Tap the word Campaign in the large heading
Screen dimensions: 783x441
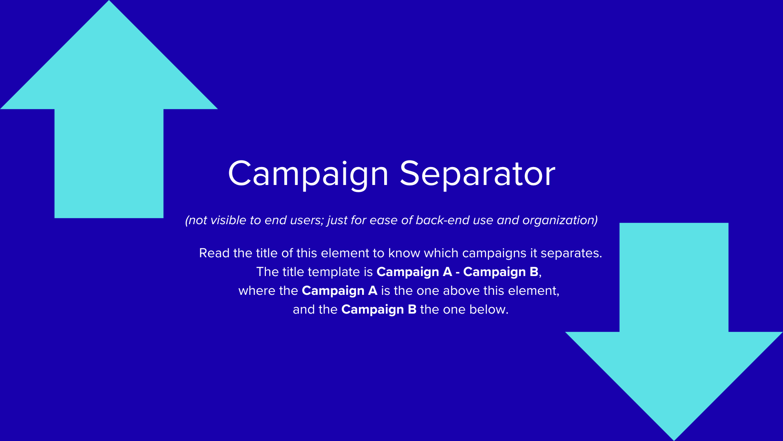tap(308, 175)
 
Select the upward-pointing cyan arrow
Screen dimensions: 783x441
tap(109, 109)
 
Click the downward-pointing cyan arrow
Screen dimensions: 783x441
tap(674, 332)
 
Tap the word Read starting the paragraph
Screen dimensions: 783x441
tap(214, 253)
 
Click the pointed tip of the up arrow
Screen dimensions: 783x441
tap(109, 1)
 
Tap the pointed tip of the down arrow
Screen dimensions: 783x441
tap(674, 440)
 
